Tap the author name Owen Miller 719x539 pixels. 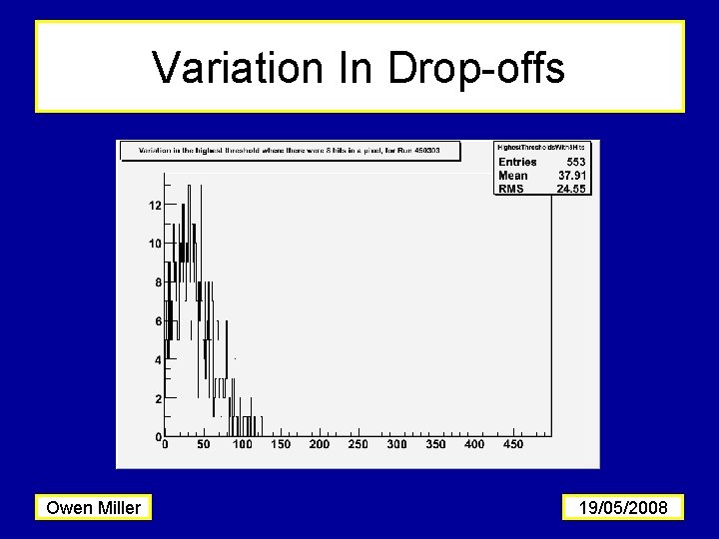(x=94, y=508)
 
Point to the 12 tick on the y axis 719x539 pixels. (x=155, y=206)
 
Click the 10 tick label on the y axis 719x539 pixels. (x=155, y=244)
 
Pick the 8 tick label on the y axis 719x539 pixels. (x=158, y=282)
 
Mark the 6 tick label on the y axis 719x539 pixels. (x=158, y=321)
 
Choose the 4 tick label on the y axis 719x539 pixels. (x=158, y=360)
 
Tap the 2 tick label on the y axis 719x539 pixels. (x=158, y=399)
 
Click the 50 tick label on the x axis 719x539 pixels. (x=204, y=444)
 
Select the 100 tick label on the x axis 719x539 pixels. (x=243, y=444)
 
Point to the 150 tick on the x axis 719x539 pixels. (x=281, y=444)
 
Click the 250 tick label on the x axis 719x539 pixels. (x=358, y=444)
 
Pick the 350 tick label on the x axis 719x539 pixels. (x=435, y=444)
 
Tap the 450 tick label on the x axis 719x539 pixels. (x=512, y=444)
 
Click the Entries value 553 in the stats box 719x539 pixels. (x=575, y=162)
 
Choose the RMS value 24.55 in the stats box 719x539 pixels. (x=571, y=189)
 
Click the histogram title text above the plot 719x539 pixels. (x=290, y=151)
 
